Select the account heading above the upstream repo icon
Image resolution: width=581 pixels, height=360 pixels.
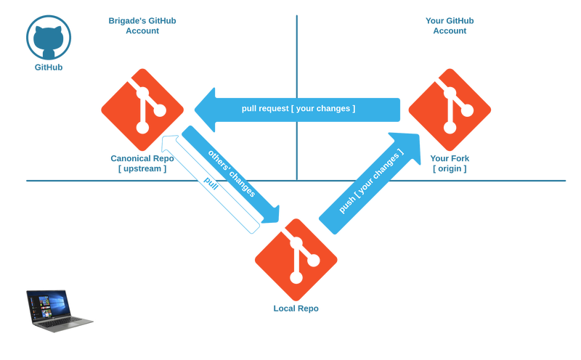142,25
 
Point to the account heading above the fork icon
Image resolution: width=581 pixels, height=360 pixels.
450,25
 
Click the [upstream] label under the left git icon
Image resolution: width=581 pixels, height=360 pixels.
142,169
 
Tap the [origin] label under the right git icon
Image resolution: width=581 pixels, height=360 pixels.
450,169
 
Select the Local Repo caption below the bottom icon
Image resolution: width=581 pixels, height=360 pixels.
296,308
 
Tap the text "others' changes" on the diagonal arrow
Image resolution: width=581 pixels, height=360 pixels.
232,173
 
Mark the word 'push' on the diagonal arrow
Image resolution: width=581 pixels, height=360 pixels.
347,202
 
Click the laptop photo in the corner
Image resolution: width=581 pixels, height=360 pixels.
60,311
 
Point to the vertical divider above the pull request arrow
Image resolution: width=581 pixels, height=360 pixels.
296,51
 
